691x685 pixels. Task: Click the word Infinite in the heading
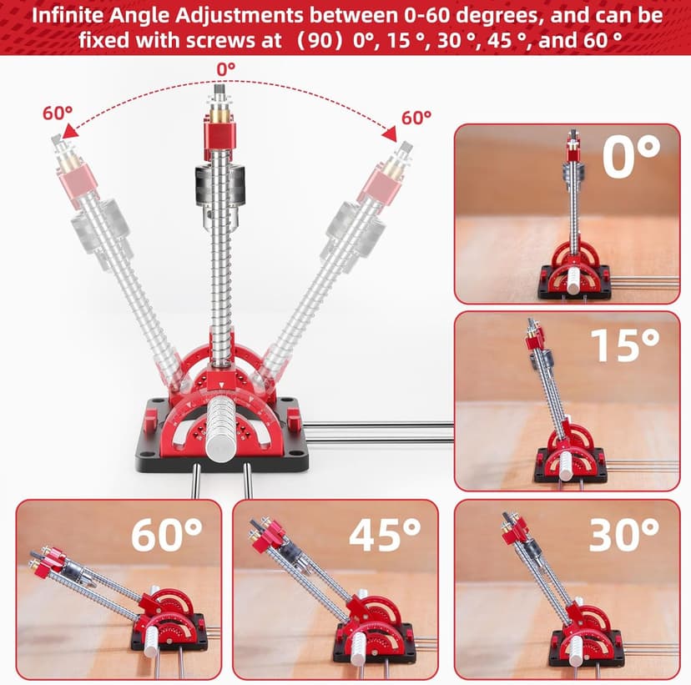68,15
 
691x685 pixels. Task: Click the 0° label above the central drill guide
226,69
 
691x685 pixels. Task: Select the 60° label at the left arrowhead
58,113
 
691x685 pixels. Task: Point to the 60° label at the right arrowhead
416,118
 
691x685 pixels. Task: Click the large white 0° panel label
631,156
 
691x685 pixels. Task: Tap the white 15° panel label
625,345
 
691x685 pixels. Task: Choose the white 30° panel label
624,534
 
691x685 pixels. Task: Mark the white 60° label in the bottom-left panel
167,534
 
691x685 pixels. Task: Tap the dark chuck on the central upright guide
219,184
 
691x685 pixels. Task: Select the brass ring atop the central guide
219,116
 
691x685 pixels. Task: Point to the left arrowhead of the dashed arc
69,131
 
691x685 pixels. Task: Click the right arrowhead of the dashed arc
390,134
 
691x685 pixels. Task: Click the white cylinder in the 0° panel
574,281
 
